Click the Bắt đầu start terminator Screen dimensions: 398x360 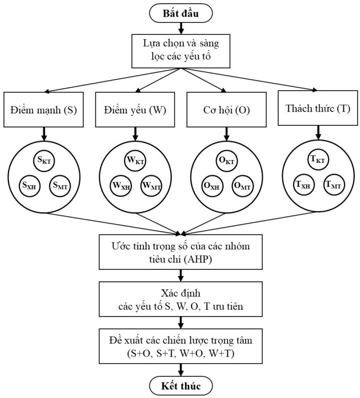coord(180,11)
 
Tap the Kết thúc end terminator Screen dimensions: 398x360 coord(180,385)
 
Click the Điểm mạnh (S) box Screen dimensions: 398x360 coord(44,108)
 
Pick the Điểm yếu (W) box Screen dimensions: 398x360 coord(135,108)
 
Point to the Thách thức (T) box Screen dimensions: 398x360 coord(316,106)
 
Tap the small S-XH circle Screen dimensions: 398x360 coord(30,184)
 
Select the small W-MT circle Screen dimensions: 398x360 coord(151,184)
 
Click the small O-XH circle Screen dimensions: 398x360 coord(212,184)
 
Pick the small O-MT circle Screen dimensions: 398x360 coord(242,184)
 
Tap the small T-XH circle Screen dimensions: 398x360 coord(302,184)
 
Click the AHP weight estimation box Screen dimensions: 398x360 coord(180,251)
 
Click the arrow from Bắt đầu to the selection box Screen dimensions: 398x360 coord(180,27)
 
